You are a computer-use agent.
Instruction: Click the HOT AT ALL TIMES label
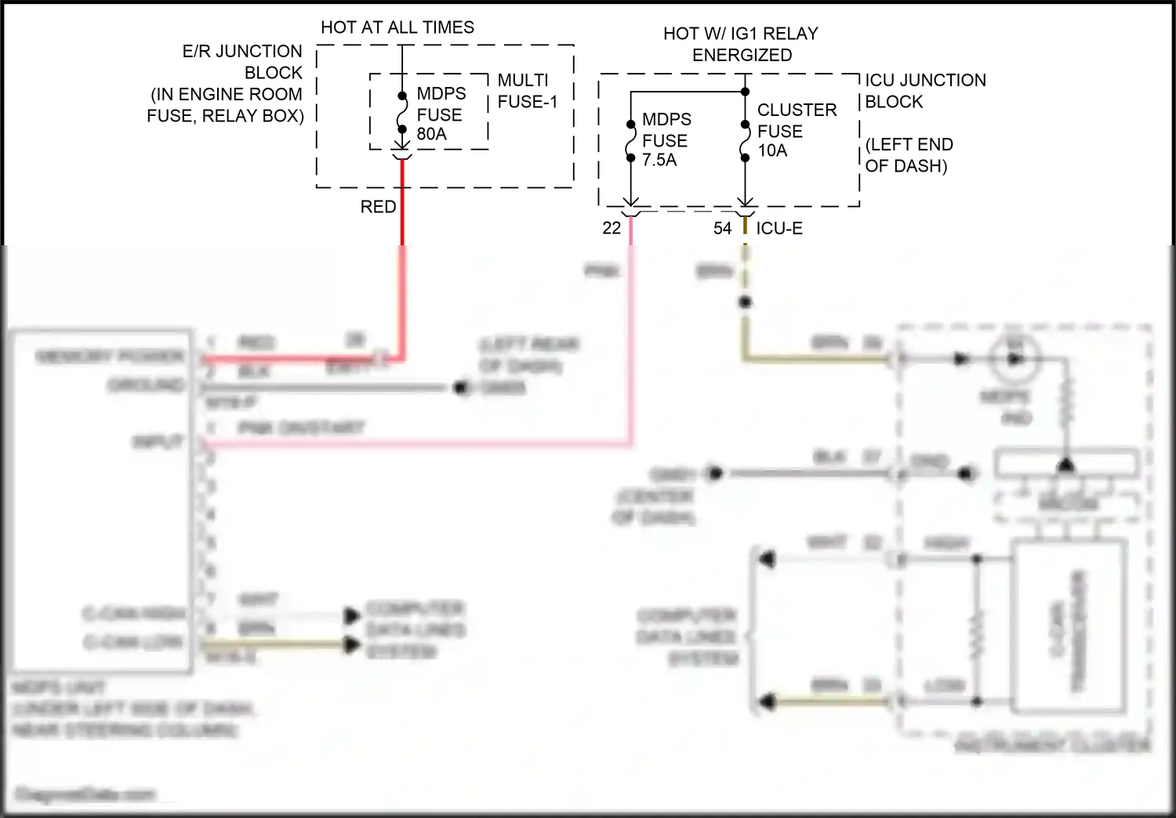[397, 27]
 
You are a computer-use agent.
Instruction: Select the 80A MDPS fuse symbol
[401, 113]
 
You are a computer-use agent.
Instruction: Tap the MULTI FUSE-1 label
[527, 91]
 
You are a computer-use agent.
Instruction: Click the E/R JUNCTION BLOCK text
[241, 62]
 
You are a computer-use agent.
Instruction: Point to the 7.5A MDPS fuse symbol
[630, 141]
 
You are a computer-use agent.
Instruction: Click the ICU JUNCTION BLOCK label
[925, 91]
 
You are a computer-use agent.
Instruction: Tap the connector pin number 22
[612, 228]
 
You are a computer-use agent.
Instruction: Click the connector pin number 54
[722, 228]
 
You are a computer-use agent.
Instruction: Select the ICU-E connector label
[779, 228]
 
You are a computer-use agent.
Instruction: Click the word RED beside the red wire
[378, 207]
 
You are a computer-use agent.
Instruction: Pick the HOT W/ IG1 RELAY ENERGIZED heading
[741, 44]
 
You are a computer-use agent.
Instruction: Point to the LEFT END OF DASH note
[909, 155]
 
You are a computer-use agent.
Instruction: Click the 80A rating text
[431, 134]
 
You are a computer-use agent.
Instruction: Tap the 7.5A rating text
[659, 160]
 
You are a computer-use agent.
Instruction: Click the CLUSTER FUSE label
[796, 120]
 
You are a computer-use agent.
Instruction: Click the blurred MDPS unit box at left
[100, 501]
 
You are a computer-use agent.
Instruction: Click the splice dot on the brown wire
[745, 302]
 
